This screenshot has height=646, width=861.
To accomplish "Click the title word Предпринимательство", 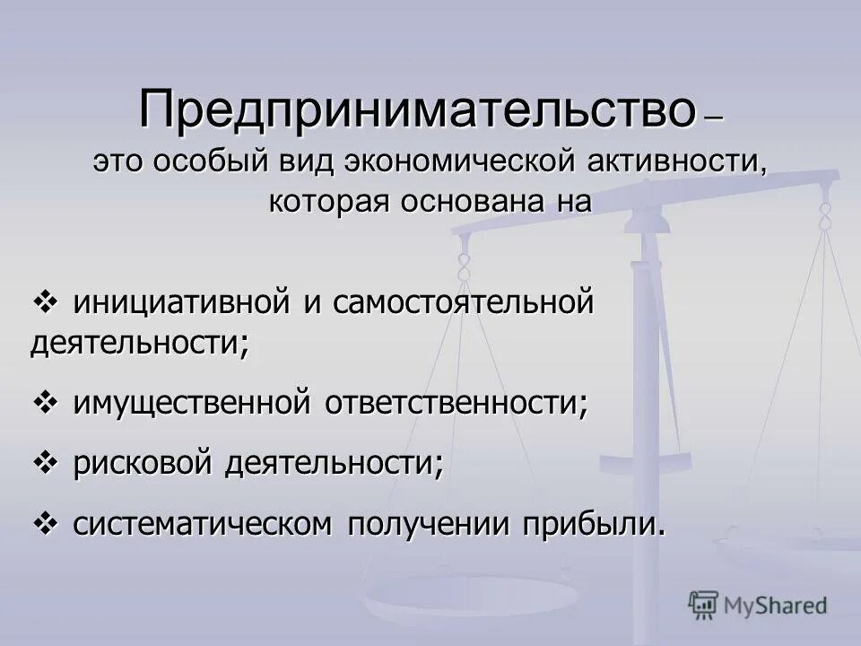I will point(417,109).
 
